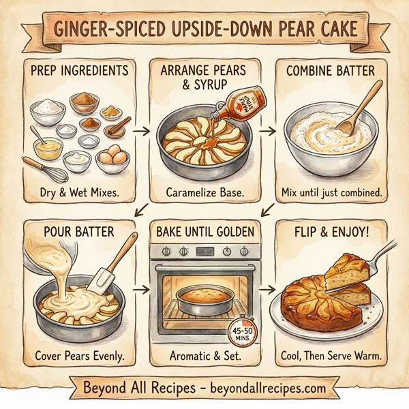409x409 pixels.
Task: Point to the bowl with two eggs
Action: tap(113, 160)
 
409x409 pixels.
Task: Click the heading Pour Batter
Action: tap(69, 232)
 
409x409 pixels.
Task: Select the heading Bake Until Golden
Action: tap(204, 232)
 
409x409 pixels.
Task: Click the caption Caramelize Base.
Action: tap(204, 194)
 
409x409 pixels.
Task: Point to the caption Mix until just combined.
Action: tap(332, 194)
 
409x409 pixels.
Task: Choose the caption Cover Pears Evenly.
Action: tap(75, 356)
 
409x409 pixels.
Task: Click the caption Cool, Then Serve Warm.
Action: tap(332, 356)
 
